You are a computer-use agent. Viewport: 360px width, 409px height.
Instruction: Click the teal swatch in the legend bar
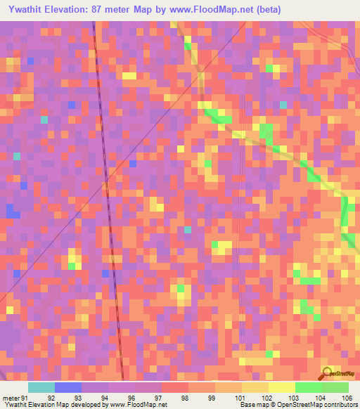pyautogui.click(x=41, y=387)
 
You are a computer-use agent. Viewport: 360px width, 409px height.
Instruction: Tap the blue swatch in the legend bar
pyautogui.click(x=68, y=387)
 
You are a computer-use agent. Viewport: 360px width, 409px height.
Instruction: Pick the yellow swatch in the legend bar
pyautogui.click(x=282, y=387)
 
